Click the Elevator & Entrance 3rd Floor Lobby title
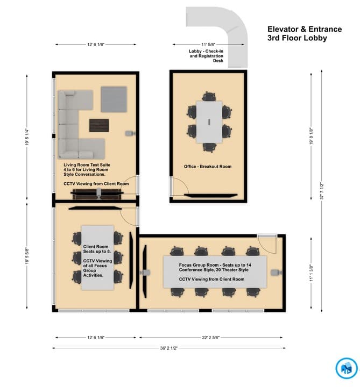pos(297,33)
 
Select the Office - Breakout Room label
pos(208,167)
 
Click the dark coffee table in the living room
pos(99,125)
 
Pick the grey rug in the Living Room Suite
pos(114,99)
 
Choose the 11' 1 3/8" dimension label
pos(311,273)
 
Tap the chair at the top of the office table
pos(208,97)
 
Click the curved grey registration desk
pos(226,30)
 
